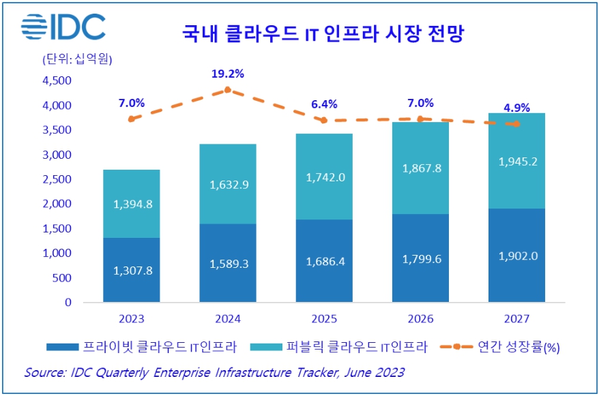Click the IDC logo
click(63, 27)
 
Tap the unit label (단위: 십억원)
click(77, 59)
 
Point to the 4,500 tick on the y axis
click(57, 80)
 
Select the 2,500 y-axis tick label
click(57, 179)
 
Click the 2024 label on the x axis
click(228, 318)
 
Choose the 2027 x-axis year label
click(516, 318)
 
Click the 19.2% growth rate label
click(228, 74)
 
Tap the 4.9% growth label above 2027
click(516, 107)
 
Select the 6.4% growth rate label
click(324, 104)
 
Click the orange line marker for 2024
click(228, 89)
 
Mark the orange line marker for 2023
click(131, 119)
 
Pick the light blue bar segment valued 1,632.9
click(228, 184)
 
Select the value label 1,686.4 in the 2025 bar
click(324, 260)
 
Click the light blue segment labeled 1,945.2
click(516, 161)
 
